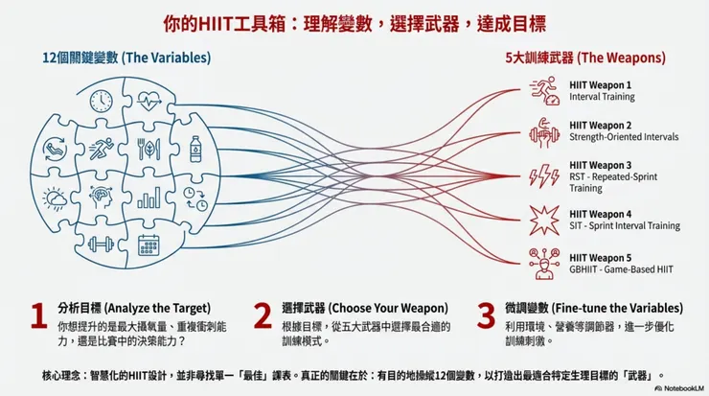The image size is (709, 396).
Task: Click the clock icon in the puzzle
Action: click(102, 101)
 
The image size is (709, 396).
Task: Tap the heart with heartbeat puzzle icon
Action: click(149, 101)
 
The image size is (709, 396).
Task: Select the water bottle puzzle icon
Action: click(195, 149)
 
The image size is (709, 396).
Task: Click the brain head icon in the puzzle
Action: click(101, 198)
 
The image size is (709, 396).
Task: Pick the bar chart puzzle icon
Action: click(149, 198)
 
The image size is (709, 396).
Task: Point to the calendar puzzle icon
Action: click(149, 245)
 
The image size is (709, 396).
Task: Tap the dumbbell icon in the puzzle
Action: click(101, 245)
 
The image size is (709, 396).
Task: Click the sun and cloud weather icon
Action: click(55, 198)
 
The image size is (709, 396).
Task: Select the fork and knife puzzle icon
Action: click(149, 149)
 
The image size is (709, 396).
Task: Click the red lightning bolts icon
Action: click(544, 175)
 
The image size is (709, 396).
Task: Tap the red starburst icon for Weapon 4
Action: click(544, 220)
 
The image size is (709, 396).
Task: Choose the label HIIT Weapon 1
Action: click(600, 85)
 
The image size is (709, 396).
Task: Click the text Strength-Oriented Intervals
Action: click(624, 137)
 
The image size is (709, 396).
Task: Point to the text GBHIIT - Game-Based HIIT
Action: click(621, 269)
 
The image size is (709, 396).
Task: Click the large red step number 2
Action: click(263, 315)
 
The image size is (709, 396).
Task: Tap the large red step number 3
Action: click(486, 315)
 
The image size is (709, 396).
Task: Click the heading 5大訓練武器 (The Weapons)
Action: click(585, 58)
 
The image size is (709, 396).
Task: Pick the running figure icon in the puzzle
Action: click(101, 149)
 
